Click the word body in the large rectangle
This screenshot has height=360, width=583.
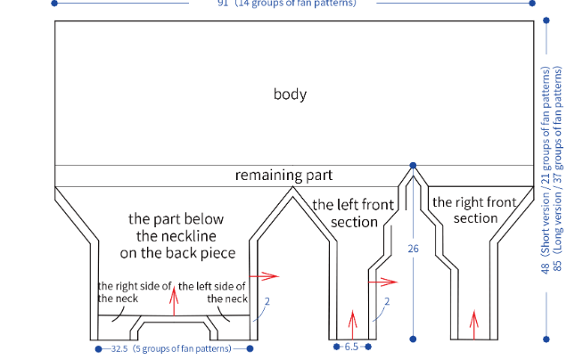[x=291, y=94]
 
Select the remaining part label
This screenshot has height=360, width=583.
[x=283, y=175]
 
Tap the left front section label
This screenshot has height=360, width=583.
[x=353, y=213]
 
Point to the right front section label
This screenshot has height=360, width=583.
[x=475, y=210]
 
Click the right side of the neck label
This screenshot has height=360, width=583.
[x=133, y=292]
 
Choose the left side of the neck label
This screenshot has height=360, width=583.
[x=213, y=292]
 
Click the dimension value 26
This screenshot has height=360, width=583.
[x=413, y=249]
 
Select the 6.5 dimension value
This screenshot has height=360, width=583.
[x=351, y=347]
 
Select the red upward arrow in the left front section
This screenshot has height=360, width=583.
[x=353, y=320]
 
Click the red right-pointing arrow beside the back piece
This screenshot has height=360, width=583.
[x=264, y=276]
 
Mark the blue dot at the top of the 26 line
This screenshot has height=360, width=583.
[x=413, y=166]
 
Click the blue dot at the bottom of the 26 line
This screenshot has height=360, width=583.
[x=413, y=339]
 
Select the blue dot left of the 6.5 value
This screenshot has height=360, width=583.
[x=336, y=347]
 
